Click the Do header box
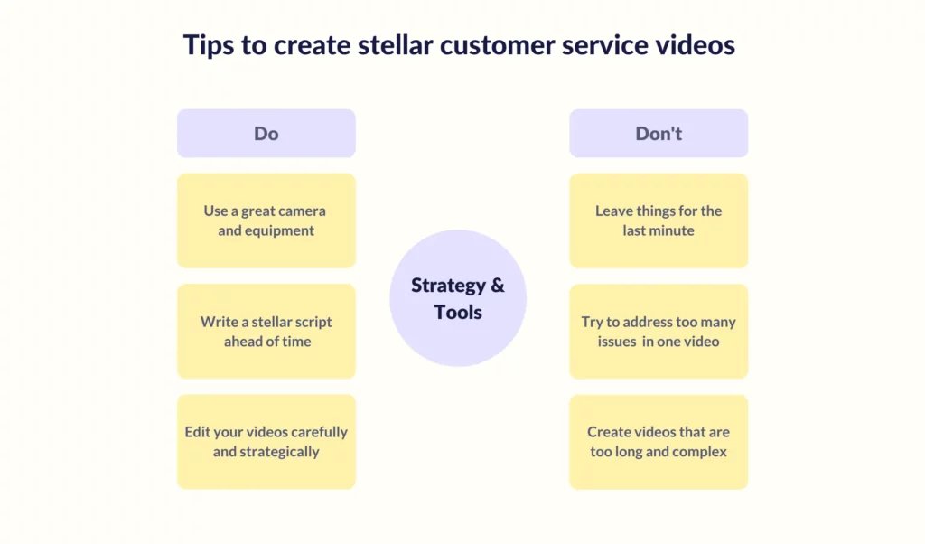click(266, 134)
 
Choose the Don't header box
click(659, 134)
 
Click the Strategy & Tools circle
click(458, 298)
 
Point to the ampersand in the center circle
click(498, 285)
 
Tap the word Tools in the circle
click(458, 312)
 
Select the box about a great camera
click(266, 220)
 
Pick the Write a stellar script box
click(266, 332)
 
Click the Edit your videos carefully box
click(266, 442)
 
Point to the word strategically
click(279, 452)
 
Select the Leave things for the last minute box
click(659, 220)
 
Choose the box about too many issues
click(659, 332)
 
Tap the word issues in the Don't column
click(616, 342)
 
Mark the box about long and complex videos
click(659, 442)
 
